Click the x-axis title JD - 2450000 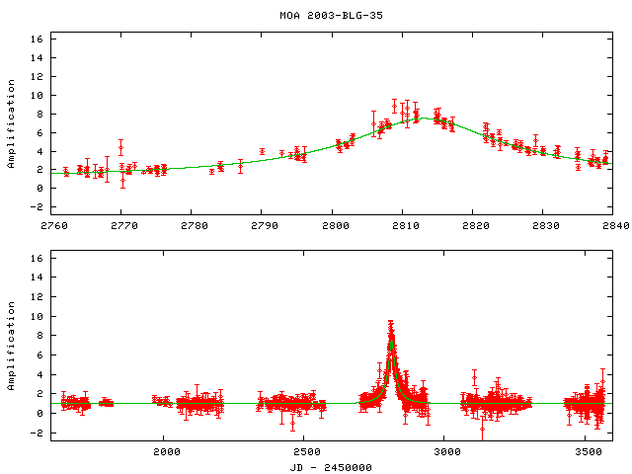pos(331,467)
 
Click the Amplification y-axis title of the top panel pos(12,122)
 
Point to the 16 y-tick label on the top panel pos(37,39)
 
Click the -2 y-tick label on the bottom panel pos(37,433)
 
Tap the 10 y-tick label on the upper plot pos(37,96)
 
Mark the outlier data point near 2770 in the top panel pos(120,147)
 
